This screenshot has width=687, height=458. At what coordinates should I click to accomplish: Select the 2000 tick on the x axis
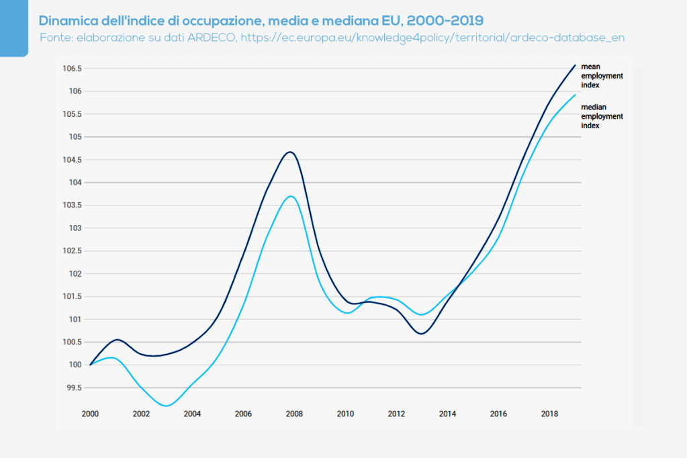[x=90, y=414]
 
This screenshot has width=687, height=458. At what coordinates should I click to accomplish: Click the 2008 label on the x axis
[x=294, y=414]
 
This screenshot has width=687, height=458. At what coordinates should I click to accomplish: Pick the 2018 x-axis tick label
[x=549, y=414]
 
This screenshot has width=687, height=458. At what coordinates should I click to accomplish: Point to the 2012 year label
[x=396, y=414]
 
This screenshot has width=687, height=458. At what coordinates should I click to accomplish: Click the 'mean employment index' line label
[x=601, y=76]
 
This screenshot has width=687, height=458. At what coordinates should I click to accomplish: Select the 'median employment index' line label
[x=601, y=116]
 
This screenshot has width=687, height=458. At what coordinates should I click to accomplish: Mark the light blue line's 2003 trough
[x=167, y=406]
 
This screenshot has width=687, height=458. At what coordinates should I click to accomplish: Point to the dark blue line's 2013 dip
[x=422, y=333]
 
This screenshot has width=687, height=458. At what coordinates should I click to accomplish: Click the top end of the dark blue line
[x=576, y=65]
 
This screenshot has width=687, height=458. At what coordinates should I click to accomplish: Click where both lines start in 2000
[x=90, y=365]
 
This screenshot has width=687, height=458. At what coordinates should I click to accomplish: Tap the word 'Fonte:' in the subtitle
[x=56, y=38]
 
